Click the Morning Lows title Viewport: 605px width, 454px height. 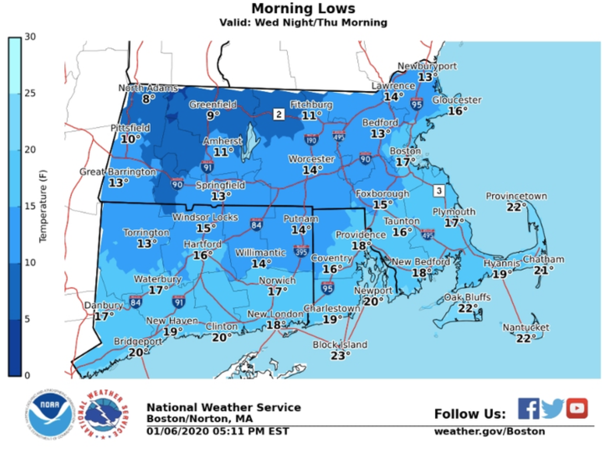pos(303,8)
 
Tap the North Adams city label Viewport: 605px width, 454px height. pos(148,88)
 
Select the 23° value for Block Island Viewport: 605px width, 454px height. pos(340,356)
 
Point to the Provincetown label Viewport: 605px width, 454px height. pos(516,196)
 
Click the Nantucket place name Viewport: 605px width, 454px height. pos(525,327)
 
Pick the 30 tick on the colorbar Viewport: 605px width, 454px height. pos(30,37)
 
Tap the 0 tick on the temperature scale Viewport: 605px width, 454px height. pos(27,375)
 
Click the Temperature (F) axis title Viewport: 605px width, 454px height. pos(42,206)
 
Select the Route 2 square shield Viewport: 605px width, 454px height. pos(278,114)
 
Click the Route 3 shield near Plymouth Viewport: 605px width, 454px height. pos(439,191)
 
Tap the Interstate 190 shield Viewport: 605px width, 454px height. pos(311,139)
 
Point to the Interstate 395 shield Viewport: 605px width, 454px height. pos(301,251)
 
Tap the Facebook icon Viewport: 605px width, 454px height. pos(528,409)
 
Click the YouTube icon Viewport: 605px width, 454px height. pos(577,409)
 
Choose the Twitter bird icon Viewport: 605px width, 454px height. pos(553,409)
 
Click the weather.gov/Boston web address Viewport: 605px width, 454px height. pos(489,431)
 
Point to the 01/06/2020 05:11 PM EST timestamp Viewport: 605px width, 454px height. pos(217,431)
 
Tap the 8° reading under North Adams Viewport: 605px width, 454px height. pos(148,99)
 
